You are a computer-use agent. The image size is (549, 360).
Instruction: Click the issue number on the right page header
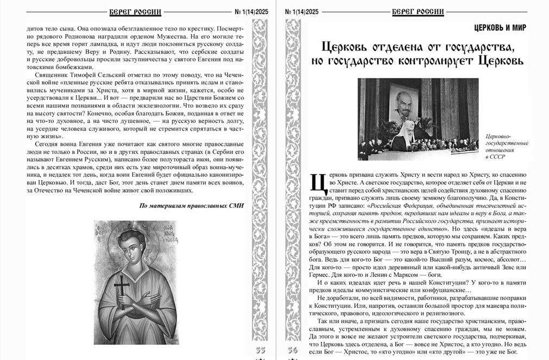pyautogui.click(x=301, y=11)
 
